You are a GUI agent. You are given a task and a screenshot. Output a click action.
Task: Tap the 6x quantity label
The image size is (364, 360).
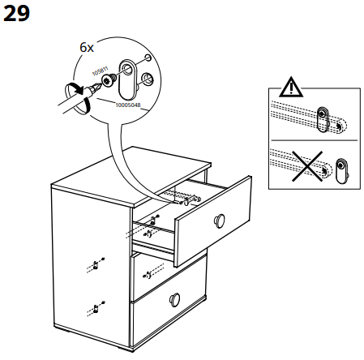click(86, 48)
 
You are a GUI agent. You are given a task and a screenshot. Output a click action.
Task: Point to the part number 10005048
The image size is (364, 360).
click(128, 105)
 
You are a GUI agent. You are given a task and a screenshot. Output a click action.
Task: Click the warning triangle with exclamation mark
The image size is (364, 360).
click(289, 88)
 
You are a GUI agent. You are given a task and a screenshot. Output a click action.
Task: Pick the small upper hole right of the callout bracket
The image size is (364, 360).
click(148, 58)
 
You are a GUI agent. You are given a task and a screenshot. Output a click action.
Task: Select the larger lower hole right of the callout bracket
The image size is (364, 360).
click(148, 79)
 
